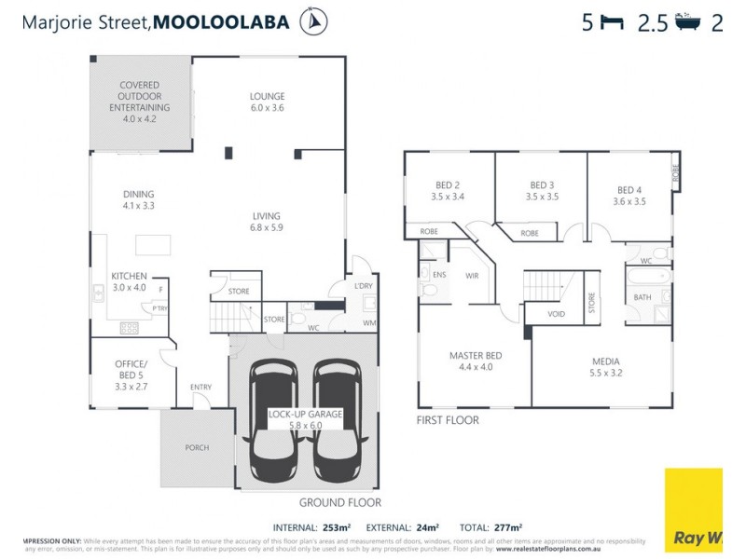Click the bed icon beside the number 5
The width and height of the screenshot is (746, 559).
click(612, 23)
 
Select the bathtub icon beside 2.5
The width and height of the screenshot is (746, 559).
click(689, 23)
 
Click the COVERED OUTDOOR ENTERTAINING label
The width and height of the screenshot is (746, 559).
click(139, 102)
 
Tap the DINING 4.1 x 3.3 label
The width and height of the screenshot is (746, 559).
click(138, 199)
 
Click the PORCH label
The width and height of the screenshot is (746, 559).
click(196, 447)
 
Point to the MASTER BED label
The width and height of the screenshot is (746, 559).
click(476, 360)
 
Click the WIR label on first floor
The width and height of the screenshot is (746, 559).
click(472, 275)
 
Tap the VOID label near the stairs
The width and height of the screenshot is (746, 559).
click(556, 314)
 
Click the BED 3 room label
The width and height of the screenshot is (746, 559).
click(542, 190)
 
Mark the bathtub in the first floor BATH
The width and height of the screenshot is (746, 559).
click(648, 277)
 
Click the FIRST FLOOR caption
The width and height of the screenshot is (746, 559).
click(448, 420)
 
